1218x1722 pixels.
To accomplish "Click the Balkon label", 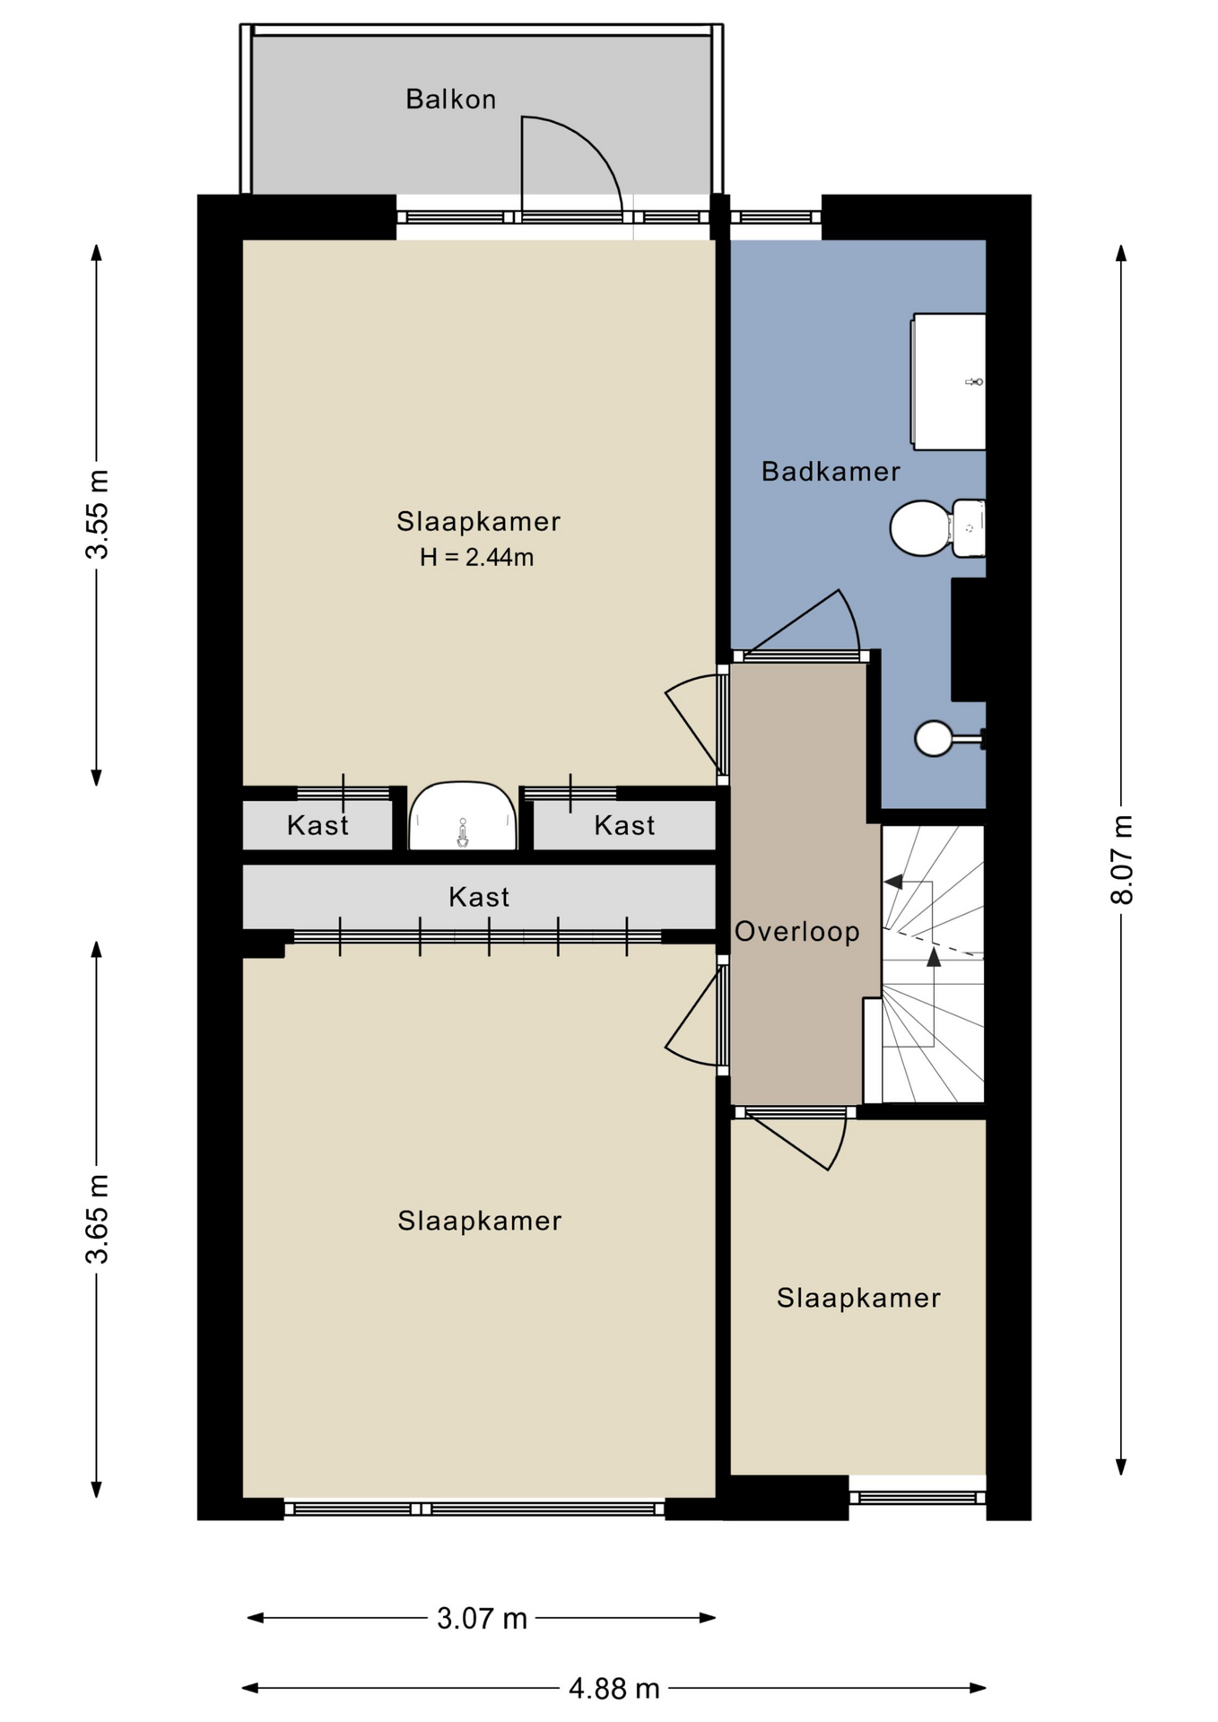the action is point(450,99).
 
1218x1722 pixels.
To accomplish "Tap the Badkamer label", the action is point(831,471).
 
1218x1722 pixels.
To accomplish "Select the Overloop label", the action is point(797,932).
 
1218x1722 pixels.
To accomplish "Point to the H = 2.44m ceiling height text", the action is point(476,557).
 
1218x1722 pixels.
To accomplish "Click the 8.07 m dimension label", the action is point(1122,859).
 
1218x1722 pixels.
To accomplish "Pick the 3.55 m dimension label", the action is point(97,514).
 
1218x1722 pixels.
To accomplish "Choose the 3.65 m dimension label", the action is point(97,1219).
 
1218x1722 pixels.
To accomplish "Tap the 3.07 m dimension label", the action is point(482,1619).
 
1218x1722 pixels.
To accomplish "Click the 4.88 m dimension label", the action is point(614,1689).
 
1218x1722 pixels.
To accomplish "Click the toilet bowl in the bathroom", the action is point(921,528).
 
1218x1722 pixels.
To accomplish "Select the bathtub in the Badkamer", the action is point(948,381).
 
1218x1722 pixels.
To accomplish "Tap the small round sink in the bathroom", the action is point(935,739).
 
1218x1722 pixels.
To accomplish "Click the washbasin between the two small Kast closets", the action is point(463,816).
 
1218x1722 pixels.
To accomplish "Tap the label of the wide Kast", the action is point(479,897).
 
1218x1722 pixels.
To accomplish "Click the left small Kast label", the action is point(318,825).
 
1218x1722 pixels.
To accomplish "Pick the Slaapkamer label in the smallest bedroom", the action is point(858,1298).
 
